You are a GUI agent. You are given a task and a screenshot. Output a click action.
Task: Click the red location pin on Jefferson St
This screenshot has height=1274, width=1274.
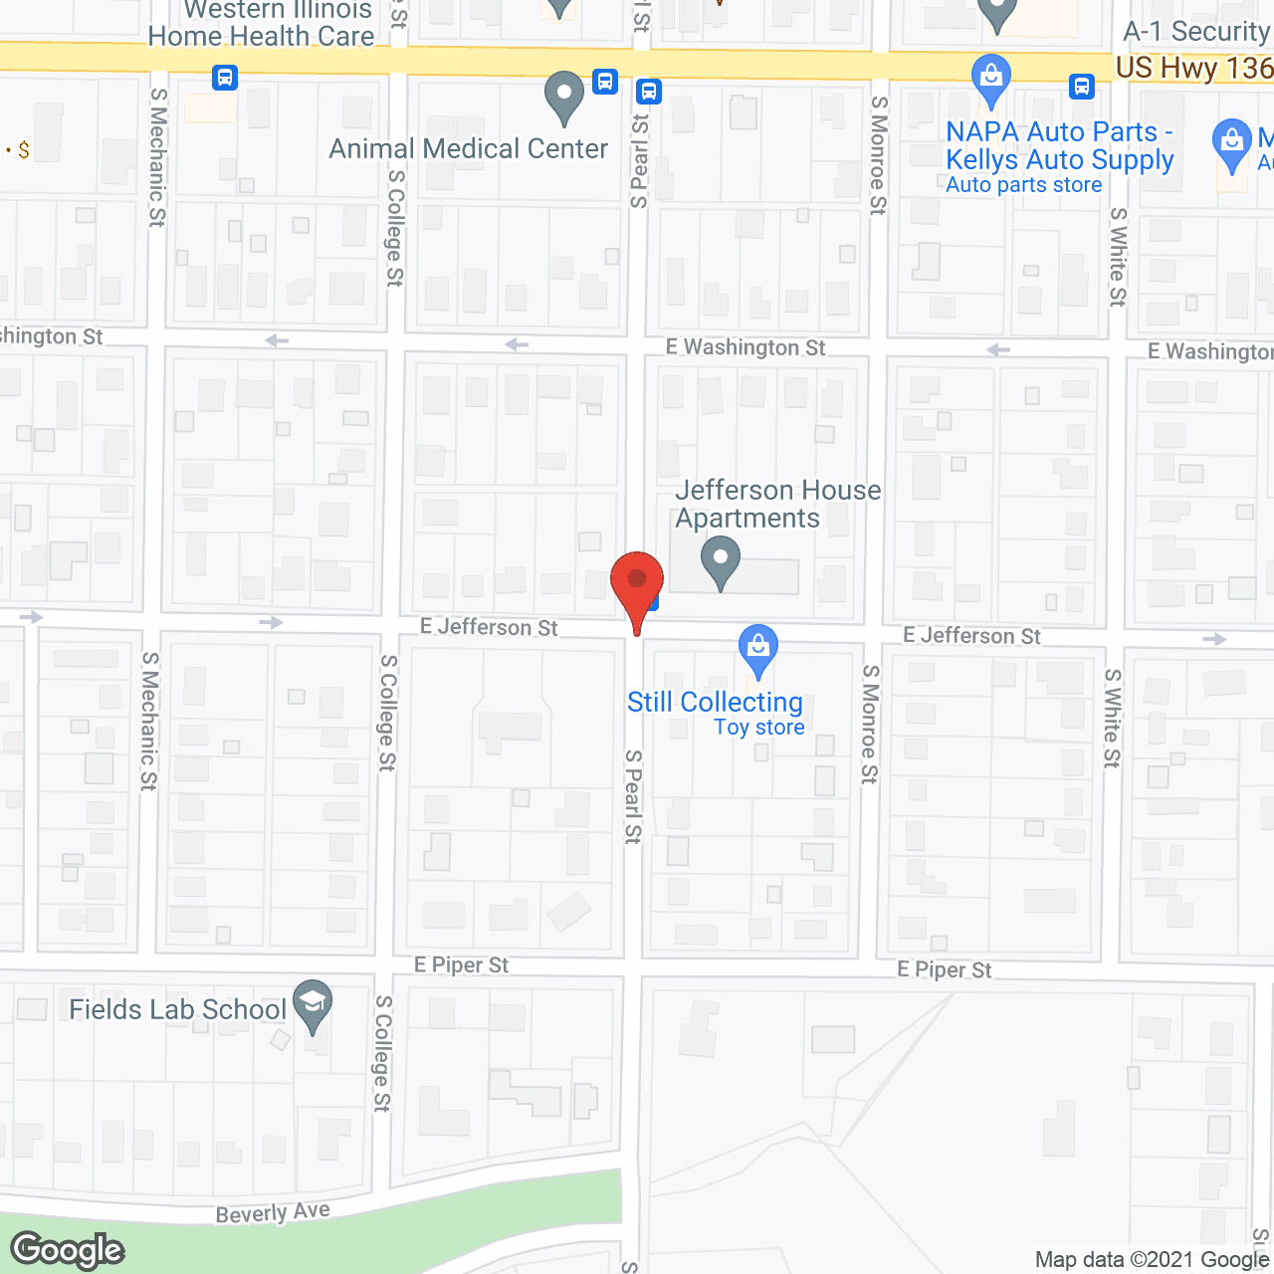click(637, 583)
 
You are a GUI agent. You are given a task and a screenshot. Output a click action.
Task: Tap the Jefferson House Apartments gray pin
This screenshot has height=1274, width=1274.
click(721, 560)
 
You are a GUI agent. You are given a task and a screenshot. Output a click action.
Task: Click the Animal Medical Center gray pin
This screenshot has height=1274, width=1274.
click(564, 97)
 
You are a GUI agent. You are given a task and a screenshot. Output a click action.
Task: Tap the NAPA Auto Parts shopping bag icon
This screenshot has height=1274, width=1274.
click(991, 79)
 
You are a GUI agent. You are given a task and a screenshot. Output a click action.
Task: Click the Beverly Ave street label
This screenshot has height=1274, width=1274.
click(273, 1212)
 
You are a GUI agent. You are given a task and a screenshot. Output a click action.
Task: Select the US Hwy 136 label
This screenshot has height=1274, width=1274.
click(1193, 68)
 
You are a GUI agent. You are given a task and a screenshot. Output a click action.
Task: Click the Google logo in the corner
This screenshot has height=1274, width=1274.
click(68, 1250)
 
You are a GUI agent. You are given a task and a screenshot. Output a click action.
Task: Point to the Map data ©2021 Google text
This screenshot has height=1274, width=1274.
click(1152, 1260)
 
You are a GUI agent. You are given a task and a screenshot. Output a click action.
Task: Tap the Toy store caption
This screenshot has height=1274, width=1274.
click(759, 728)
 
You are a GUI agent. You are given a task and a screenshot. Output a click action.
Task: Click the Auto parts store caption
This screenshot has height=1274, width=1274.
click(1023, 185)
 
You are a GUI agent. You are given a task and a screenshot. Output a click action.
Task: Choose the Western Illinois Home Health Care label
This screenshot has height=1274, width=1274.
click(262, 24)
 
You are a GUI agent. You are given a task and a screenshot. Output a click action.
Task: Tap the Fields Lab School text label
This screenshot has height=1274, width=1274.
click(177, 1009)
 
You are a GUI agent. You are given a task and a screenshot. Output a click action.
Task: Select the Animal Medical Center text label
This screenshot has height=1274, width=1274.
click(468, 149)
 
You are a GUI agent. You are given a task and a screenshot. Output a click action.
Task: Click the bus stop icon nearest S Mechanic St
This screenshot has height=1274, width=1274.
click(225, 77)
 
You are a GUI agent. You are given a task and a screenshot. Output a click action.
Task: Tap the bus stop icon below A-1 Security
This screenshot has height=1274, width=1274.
click(1082, 87)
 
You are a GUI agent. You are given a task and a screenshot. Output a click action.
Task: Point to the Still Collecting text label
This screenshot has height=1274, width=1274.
click(715, 703)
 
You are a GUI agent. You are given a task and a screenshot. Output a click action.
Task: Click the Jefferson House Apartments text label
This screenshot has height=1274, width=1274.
click(776, 504)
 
